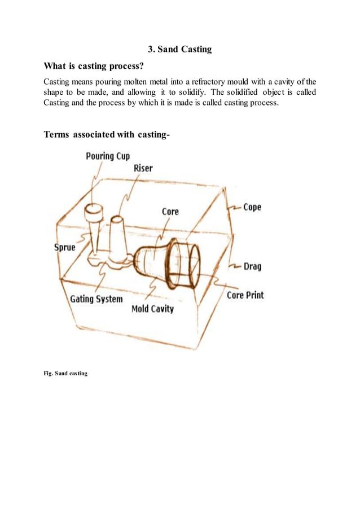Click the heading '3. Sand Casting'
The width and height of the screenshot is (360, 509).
click(179, 49)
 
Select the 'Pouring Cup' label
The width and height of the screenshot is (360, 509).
click(108, 156)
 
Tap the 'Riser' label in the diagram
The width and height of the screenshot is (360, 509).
click(143, 168)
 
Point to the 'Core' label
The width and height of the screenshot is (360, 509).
click(170, 211)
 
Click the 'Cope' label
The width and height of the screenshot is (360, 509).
click(252, 207)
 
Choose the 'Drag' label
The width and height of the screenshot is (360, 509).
click(252, 266)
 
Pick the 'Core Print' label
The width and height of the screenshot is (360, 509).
click(245, 295)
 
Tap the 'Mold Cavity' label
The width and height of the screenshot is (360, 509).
click(152, 309)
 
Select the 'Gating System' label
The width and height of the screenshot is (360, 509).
click(96, 299)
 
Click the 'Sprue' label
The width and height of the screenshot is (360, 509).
click(64, 247)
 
